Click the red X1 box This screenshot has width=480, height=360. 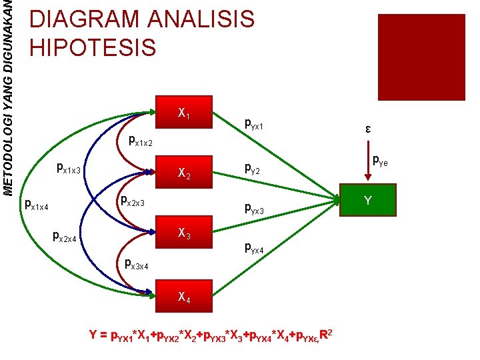click(184, 114)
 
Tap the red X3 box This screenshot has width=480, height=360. click(184, 234)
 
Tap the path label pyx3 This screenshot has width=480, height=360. click(255, 211)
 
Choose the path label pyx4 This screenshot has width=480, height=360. click(255, 249)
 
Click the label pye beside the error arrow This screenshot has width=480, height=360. click(380, 159)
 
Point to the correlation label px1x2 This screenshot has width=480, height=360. click(141, 141)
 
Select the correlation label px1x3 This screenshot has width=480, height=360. click(69, 169)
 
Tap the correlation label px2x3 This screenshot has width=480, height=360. click(132, 200)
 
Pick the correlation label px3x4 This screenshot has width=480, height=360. click(137, 264)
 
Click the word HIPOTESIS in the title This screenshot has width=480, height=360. click(93, 47)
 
